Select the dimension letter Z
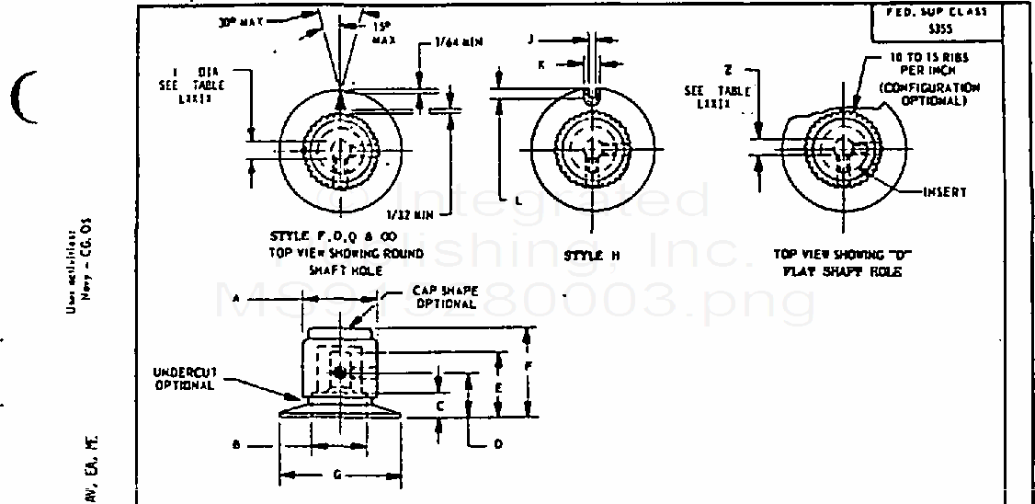tap(727, 70)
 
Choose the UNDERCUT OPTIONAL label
tap(184, 378)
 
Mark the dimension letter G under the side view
tap(338, 475)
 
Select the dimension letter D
tap(498, 443)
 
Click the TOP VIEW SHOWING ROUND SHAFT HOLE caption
tap(346, 253)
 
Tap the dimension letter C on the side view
tap(440, 405)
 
